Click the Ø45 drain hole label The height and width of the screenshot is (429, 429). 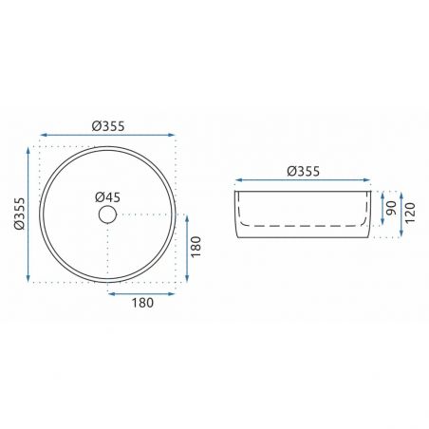click(107, 197)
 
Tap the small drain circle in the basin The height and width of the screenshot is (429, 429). click(107, 214)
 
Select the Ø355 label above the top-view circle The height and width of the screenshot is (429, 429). click(108, 126)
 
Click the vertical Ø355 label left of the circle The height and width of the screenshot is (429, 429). click(19, 214)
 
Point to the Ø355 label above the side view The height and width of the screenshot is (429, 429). click(304, 171)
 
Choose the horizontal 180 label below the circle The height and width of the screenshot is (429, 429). click(142, 303)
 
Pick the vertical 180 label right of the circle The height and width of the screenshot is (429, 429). click(196, 247)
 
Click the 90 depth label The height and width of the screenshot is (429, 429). click(391, 208)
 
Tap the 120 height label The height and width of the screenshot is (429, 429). click(410, 213)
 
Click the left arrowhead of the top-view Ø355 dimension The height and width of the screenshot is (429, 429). click(44, 135)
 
